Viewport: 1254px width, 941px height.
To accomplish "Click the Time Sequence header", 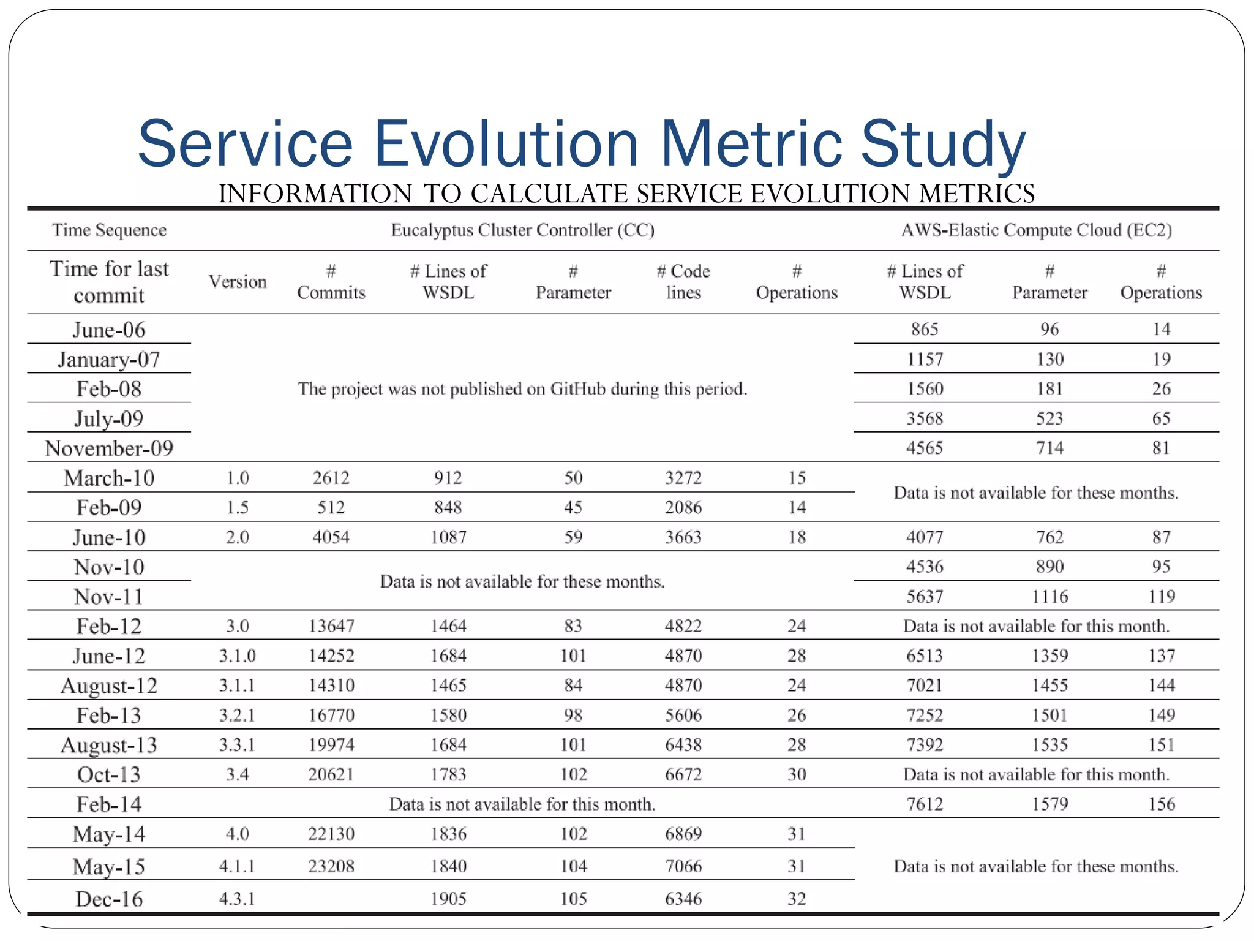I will [x=109, y=230].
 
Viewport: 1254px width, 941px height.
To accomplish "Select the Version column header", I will [x=238, y=281].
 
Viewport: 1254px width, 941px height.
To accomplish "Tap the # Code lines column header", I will [x=683, y=281].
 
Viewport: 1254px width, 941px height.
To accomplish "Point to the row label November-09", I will [x=109, y=448].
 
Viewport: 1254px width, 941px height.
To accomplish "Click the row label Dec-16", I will [x=109, y=899].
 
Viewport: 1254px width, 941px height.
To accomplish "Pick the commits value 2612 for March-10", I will [x=331, y=478].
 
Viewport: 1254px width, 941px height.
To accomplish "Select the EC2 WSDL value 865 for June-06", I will [x=925, y=329].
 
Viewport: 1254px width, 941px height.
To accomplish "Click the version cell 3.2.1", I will [x=237, y=715].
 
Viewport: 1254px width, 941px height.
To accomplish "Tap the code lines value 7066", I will [x=683, y=866].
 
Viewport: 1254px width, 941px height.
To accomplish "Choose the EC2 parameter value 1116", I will [x=1049, y=596].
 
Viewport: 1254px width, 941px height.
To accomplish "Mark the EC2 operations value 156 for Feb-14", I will [x=1161, y=804].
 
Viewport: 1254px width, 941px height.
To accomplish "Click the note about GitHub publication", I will [x=522, y=389].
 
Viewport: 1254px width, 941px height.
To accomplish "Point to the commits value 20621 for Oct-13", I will [x=331, y=774].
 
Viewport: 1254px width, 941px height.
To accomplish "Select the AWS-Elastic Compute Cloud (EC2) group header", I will [x=1036, y=230].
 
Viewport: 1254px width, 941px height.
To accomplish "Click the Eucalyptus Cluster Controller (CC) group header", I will [x=522, y=230].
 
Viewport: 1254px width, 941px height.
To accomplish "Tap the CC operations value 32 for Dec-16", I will [x=796, y=899].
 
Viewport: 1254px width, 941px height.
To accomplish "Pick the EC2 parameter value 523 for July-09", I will [x=1049, y=418].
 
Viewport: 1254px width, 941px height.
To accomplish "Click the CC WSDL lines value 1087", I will [x=448, y=537].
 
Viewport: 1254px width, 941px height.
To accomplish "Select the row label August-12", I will [x=109, y=686].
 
